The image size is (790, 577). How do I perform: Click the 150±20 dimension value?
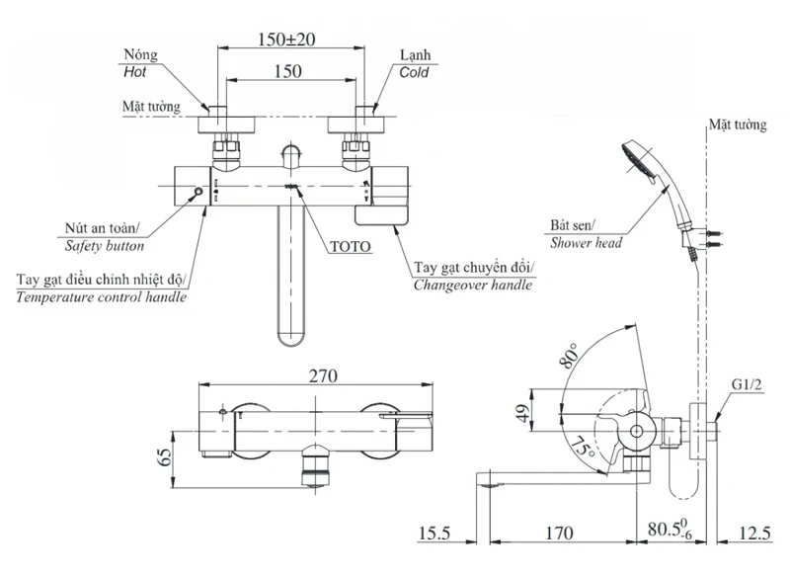tap(286, 40)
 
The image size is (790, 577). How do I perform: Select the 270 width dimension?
tap(323, 375)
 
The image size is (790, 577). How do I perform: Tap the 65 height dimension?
tap(165, 457)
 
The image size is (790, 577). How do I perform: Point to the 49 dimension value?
tap(524, 413)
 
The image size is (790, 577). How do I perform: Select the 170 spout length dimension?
tap(559, 533)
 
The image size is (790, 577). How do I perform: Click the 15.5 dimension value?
tap(434, 533)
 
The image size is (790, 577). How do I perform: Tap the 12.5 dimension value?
tap(754, 533)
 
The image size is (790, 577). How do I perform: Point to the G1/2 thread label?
tap(747, 385)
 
